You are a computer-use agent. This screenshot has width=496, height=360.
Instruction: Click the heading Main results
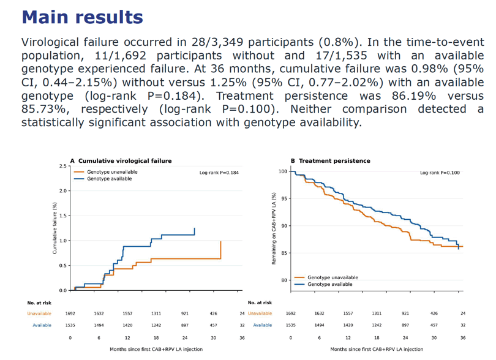(x=82, y=17)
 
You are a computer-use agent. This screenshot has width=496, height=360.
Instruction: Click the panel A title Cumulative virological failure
(x=125, y=160)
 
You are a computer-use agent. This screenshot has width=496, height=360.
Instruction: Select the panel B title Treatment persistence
(x=334, y=160)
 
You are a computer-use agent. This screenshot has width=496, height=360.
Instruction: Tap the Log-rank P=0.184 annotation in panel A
(x=219, y=173)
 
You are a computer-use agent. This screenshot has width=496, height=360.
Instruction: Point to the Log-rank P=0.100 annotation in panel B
(x=440, y=173)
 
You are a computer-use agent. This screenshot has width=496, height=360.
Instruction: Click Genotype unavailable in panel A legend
(x=112, y=172)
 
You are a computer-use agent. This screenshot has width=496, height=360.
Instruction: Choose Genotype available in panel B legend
(x=330, y=285)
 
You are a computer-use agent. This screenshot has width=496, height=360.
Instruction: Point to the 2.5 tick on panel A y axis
(x=63, y=166)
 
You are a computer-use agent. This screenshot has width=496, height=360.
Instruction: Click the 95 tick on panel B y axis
(x=284, y=198)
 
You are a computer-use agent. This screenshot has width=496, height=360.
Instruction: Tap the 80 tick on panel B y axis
(x=284, y=280)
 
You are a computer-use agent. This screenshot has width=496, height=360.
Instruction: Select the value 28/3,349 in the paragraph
(x=217, y=42)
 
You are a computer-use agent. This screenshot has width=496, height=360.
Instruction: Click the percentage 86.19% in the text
(x=414, y=96)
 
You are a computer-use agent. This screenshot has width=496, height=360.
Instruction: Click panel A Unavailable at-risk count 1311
(x=156, y=313)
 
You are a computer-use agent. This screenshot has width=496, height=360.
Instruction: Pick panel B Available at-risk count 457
(x=434, y=325)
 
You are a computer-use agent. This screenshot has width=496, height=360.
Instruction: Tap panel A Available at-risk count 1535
(x=70, y=325)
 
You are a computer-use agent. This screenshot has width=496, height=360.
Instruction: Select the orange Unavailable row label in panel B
(x=260, y=313)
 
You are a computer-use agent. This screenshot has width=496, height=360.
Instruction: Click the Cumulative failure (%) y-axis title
(x=54, y=228)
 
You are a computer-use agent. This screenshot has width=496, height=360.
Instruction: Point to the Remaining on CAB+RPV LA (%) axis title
(x=274, y=228)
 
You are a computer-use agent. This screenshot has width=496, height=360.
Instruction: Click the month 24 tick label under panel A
(x=185, y=338)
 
